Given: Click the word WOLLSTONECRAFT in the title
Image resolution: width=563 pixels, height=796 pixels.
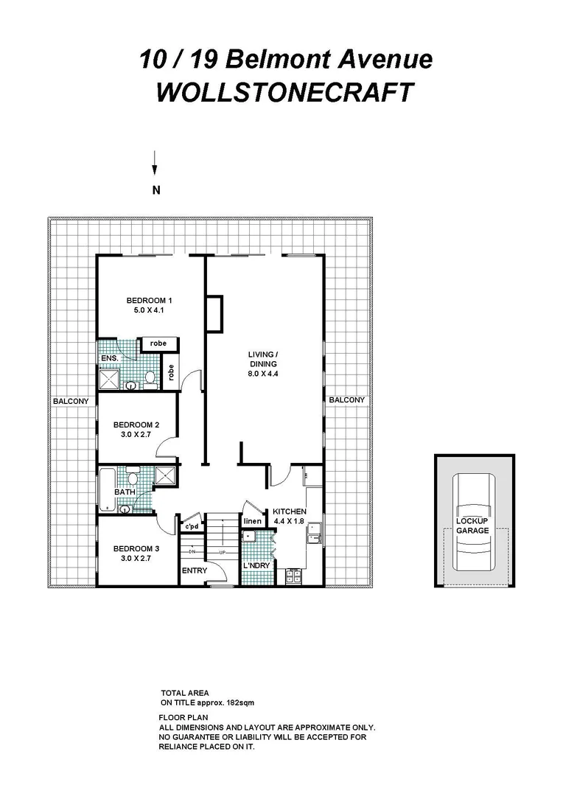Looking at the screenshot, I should pos(285,94).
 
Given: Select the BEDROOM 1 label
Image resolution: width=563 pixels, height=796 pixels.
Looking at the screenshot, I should pos(149,300).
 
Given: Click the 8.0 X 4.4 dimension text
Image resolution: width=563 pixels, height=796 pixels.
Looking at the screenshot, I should pos(262,374).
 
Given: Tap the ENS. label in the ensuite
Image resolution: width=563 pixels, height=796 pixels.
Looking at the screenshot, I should pos(109,359).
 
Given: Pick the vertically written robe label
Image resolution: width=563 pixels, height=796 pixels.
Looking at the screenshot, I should pos(170,373).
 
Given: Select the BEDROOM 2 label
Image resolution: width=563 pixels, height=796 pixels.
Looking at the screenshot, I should pos(136,425).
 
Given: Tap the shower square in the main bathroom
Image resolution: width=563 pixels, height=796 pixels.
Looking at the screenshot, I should pos(165,475).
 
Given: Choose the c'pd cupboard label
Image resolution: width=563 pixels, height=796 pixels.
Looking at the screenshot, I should pos(192,527).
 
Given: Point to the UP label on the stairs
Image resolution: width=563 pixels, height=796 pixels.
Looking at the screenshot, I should pos(221,551).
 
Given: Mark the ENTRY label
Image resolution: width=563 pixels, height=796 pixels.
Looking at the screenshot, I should pos(195,571).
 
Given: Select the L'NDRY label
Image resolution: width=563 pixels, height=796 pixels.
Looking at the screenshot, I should pos(256,566).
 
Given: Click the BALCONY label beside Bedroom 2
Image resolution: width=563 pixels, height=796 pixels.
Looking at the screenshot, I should pos(71,401).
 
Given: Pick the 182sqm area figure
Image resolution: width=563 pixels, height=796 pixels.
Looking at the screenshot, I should pos(221,702).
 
